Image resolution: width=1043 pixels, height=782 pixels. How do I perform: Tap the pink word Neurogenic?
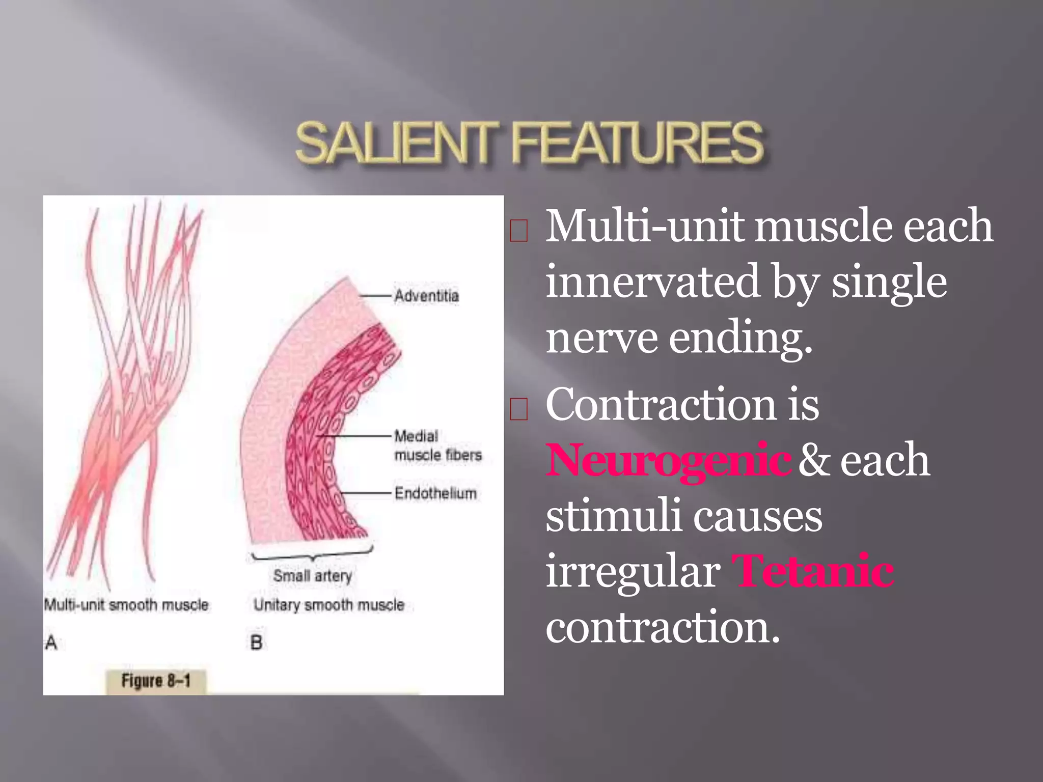tap(668, 460)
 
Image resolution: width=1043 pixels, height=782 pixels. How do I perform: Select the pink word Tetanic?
tap(812, 572)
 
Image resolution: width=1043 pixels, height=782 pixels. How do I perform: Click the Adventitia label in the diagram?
tap(426, 296)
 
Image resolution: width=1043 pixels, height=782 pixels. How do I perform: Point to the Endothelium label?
tap(435, 493)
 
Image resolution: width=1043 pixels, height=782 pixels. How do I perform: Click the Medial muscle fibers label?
tap(437, 446)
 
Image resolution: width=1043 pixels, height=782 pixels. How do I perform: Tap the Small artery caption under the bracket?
tap(312, 576)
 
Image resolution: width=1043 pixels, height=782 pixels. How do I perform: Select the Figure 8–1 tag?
tap(156, 681)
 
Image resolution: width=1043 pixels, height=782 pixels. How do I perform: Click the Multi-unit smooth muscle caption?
tap(126, 605)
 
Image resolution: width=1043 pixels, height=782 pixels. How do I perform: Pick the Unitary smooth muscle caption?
tap(328, 605)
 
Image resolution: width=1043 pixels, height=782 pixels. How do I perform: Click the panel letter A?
tap(51, 643)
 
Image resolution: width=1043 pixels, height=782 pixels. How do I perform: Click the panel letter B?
tap(256, 643)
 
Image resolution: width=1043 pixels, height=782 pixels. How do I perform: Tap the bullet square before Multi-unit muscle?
tap(518, 231)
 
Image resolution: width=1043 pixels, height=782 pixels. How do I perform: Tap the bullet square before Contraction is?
tap(518, 409)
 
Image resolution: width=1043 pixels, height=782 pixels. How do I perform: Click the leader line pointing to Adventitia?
tap(376, 295)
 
